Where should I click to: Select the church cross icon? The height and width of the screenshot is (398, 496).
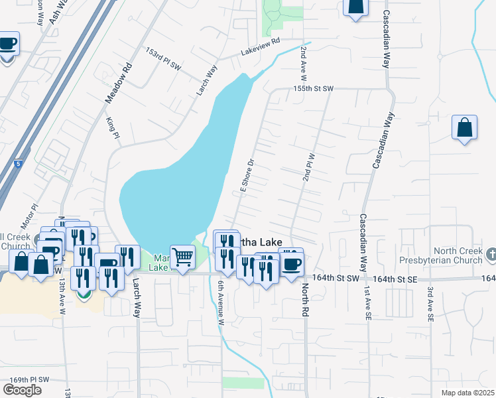tap(491, 253)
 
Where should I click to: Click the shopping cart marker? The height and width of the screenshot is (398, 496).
tap(182, 256)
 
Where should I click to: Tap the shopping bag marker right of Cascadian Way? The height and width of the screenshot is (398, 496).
tap(465, 127)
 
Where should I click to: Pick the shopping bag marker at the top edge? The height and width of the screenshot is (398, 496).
tap(356, 7)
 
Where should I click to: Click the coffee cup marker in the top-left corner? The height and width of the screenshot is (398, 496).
tap(8, 44)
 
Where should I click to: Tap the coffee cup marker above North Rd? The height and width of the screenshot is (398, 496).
tap(291, 263)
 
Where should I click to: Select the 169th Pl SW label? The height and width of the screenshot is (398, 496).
tap(30, 379)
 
